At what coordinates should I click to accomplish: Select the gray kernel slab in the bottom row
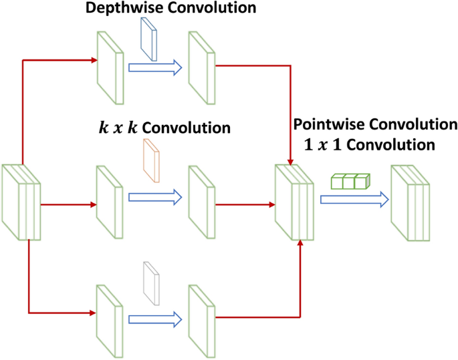(x=151, y=283)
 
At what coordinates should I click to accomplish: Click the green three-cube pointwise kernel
(x=350, y=181)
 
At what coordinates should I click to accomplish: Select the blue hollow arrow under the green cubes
(x=354, y=199)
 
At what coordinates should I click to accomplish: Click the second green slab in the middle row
(x=201, y=199)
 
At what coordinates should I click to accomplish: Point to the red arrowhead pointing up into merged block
(x=300, y=244)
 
